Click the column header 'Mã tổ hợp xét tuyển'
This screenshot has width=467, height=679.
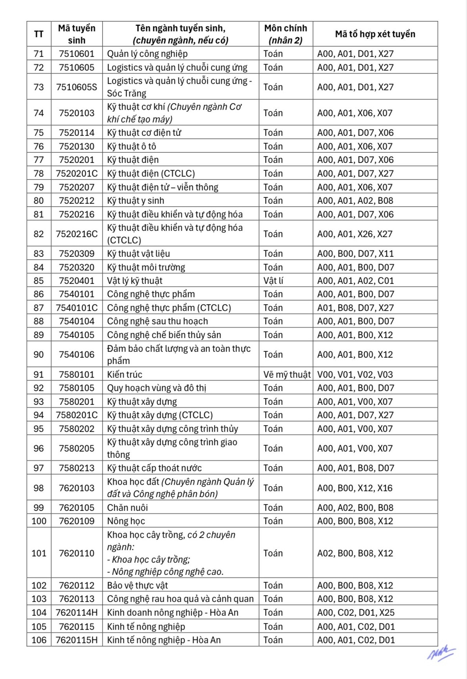click(x=375, y=34)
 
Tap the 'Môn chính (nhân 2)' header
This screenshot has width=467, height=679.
click(x=286, y=34)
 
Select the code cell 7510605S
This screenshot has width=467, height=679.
click(x=77, y=87)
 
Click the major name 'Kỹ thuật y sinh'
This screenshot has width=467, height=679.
click(x=136, y=201)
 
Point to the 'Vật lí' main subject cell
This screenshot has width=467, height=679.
click(x=273, y=281)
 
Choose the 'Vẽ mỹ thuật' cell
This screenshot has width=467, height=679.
click(x=287, y=375)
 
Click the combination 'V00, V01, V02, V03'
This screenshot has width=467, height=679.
click(x=355, y=375)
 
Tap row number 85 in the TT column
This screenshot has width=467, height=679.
click(x=38, y=281)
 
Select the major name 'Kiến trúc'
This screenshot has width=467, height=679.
click(x=125, y=375)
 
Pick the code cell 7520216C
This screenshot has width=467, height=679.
click(x=77, y=234)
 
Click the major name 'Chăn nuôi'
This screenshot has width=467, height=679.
click(x=127, y=508)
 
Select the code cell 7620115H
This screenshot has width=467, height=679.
click(x=77, y=640)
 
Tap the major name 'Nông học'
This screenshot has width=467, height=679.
click(x=126, y=521)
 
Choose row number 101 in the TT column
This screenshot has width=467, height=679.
click(x=39, y=553)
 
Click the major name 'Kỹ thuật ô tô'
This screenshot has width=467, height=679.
click(x=132, y=146)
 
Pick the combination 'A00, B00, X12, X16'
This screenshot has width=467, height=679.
click(x=355, y=488)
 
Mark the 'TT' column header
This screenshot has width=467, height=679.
click(x=38, y=34)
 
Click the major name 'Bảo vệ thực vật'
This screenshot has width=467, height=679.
click(x=137, y=586)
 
